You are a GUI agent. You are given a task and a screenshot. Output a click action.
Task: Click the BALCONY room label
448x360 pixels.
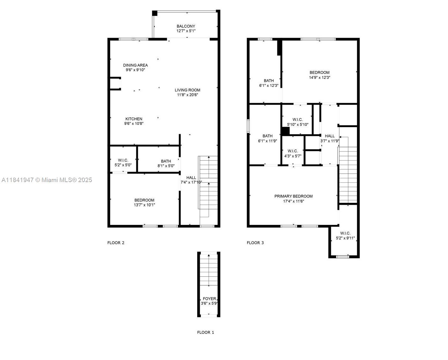[x=186, y=26]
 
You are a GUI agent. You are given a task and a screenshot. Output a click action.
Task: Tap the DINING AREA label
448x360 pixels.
[x=135, y=65]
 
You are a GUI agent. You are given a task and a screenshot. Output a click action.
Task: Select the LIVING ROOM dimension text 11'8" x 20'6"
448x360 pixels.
[x=187, y=95]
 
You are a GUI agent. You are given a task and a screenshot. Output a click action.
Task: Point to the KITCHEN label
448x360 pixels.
[x=134, y=119]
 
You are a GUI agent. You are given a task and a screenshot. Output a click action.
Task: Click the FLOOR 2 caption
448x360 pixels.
[x=116, y=243]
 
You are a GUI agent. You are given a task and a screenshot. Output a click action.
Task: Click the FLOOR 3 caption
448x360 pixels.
[x=255, y=243]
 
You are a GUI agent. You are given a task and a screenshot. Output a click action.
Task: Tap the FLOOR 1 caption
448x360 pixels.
[x=205, y=332]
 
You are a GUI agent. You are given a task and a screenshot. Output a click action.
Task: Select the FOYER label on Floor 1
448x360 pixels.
[x=209, y=299]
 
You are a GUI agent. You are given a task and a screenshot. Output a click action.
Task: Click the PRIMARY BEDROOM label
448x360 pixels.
[x=293, y=196]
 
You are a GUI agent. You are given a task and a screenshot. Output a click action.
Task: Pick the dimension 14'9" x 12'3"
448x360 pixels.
[x=319, y=78]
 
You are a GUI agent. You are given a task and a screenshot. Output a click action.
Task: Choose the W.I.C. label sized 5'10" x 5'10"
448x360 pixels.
[x=297, y=120]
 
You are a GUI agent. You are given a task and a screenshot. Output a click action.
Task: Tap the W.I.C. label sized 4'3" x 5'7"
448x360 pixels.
[x=293, y=151]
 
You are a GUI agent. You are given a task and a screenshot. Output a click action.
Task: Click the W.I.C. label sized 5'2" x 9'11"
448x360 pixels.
[x=345, y=233]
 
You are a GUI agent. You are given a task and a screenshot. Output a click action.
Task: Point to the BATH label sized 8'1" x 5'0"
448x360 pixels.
[x=166, y=161]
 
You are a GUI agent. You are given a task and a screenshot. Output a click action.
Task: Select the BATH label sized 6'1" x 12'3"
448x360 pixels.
[x=269, y=80]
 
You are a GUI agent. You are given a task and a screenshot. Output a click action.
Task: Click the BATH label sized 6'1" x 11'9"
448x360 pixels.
[x=267, y=136]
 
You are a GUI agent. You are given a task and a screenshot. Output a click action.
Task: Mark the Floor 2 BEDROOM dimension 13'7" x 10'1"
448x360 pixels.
[x=144, y=205]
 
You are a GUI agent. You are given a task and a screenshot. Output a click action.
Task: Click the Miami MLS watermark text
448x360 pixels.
[x=47, y=180]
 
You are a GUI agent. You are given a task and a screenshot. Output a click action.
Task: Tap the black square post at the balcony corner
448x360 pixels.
[x=154, y=13]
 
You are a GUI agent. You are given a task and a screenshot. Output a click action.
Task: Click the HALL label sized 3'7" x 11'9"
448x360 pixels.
[x=330, y=136]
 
